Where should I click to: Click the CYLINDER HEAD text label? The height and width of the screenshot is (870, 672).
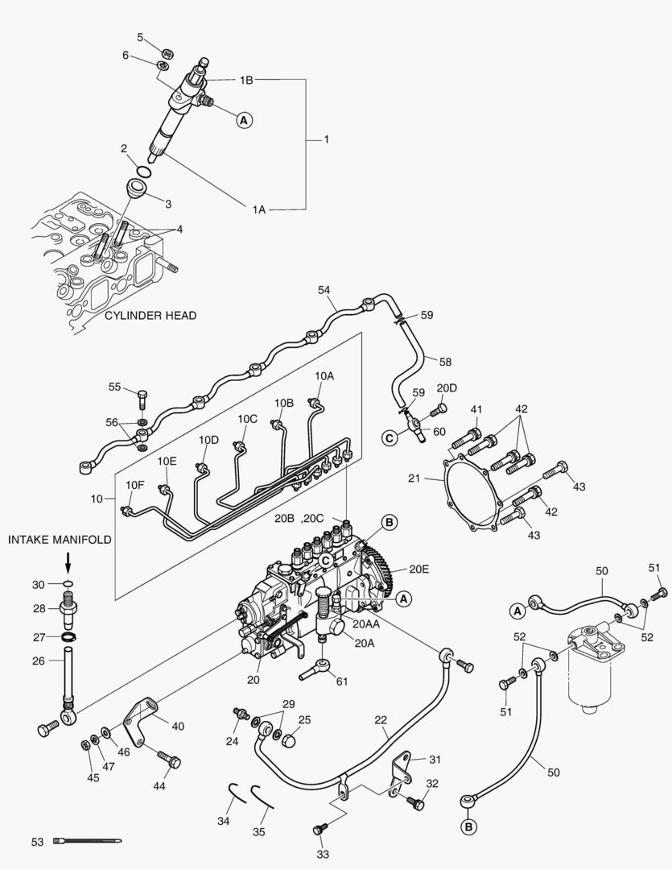click(150, 316)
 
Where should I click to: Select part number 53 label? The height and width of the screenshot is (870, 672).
click(37, 842)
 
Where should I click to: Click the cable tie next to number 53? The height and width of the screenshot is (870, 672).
click(87, 842)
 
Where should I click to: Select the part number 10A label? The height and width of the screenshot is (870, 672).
click(324, 375)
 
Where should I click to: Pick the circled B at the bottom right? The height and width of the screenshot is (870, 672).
click(468, 826)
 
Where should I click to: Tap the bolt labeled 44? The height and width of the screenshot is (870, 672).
click(167, 759)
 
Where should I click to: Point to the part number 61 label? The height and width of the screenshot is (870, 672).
click(342, 681)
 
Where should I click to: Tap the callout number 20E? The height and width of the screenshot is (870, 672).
click(419, 568)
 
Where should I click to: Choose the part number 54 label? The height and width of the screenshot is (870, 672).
click(324, 289)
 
